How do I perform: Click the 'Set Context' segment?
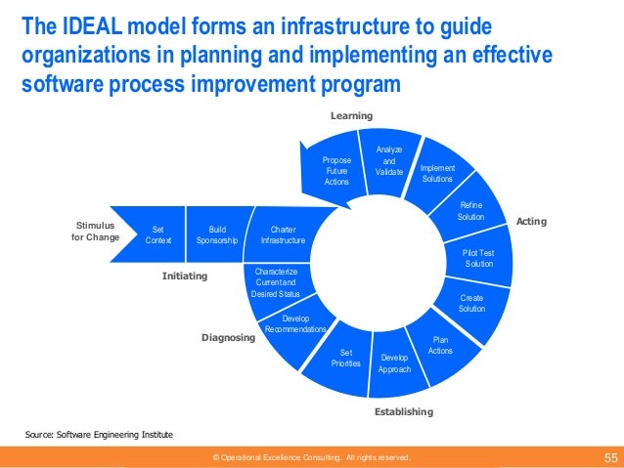click(x=157, y=234)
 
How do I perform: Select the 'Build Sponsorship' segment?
click(x=215, y=234)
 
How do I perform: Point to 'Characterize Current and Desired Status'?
click(x=276, y=282)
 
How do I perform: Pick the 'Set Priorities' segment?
click(x=345, y=357)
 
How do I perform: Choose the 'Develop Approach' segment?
click(x=396, y=362)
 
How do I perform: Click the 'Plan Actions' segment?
click(x=440, y=345)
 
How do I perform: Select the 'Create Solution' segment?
click(x=471, y=303)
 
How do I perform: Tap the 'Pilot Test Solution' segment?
click(x=479, y=258)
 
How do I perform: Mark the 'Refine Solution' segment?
click(x=470, y=210)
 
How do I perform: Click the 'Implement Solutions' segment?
click(x=437, y=174)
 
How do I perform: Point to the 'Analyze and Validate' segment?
click(x=388, y=159)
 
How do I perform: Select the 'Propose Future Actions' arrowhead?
click(x=334, y=169)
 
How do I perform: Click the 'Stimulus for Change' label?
click(x=96, y=231)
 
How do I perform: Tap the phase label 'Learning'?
click(x=351, y=116)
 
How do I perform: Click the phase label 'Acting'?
click(x=531, y=223)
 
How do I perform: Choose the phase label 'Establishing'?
click(x=403, y=412)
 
